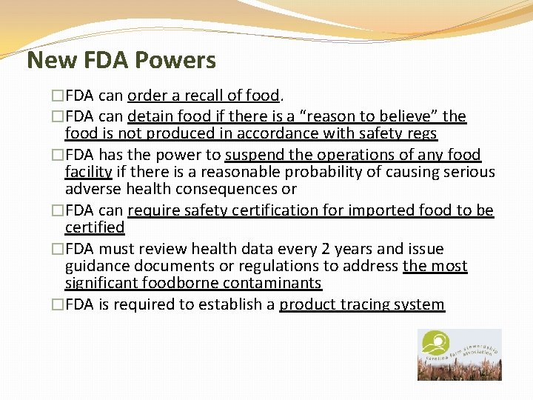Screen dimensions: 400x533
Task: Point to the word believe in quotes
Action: tap(406, 116)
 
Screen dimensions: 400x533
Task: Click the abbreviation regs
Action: tap(420, 134)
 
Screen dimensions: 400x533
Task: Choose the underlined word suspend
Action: tap(255, 155)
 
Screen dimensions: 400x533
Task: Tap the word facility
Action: tap(88, 172)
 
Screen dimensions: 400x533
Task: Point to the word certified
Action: tap(95, 227)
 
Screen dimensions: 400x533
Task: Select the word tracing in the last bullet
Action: tap(363, 304)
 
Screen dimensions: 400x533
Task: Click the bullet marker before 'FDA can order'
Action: tap(57, 96)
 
